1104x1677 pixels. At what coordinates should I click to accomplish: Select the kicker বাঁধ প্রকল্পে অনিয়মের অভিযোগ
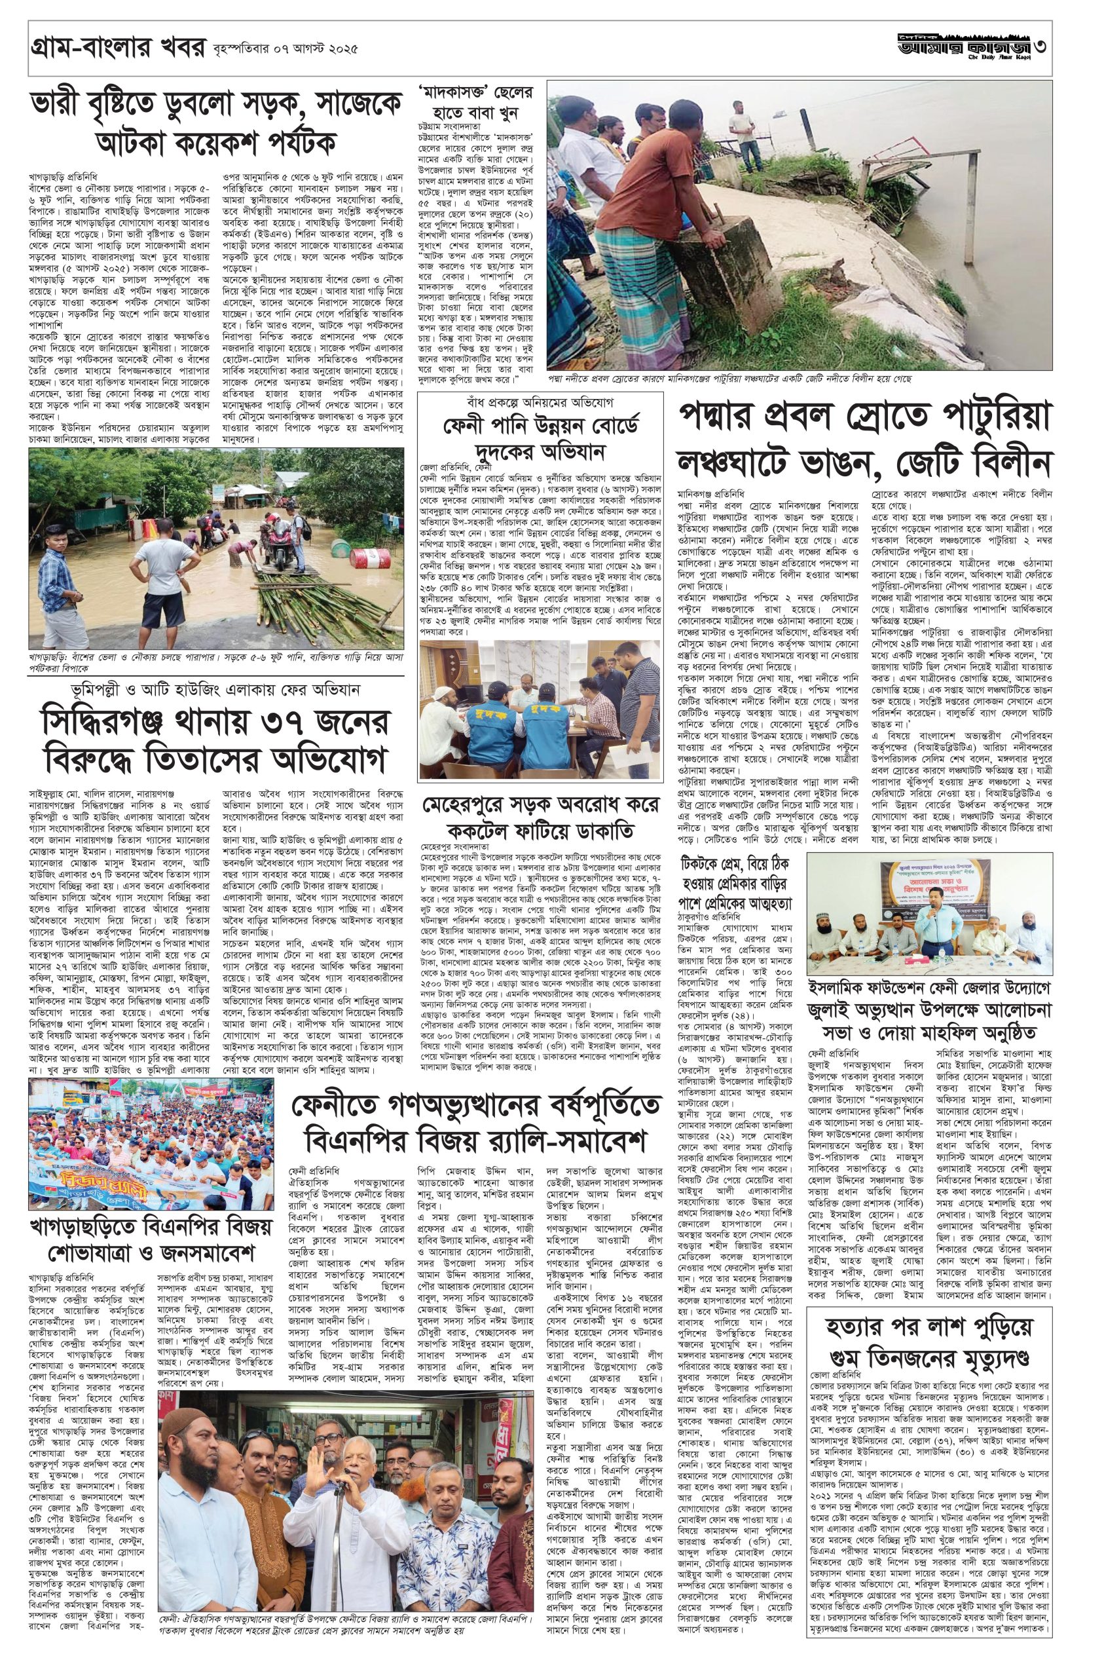[x=540, y=407]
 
